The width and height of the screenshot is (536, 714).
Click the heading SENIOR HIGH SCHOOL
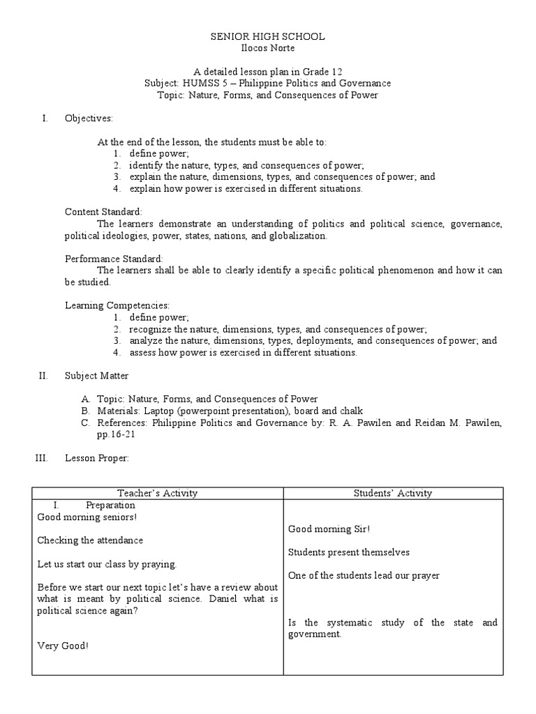click(x=268, y=36)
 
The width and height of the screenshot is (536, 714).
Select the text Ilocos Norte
click(x=268, y=47)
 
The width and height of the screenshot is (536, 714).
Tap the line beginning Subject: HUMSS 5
click(x=268, y=83)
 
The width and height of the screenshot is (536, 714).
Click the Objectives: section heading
click(x=89, y=118)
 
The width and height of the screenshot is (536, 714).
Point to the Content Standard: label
click(x=103, y=211)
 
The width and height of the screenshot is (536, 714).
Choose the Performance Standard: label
click(x=114, y=258)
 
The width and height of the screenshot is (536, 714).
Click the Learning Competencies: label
click(x=117, y=305)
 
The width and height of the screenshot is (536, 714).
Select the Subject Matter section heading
click(x=96, y=376)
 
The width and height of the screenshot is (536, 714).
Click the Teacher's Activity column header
click(x=157, y=493)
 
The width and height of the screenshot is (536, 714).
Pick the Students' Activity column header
click(x=392, y=493)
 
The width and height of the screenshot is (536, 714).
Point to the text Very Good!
click(x=63, y=646)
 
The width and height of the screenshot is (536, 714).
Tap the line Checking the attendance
click(x=90, y=540)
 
